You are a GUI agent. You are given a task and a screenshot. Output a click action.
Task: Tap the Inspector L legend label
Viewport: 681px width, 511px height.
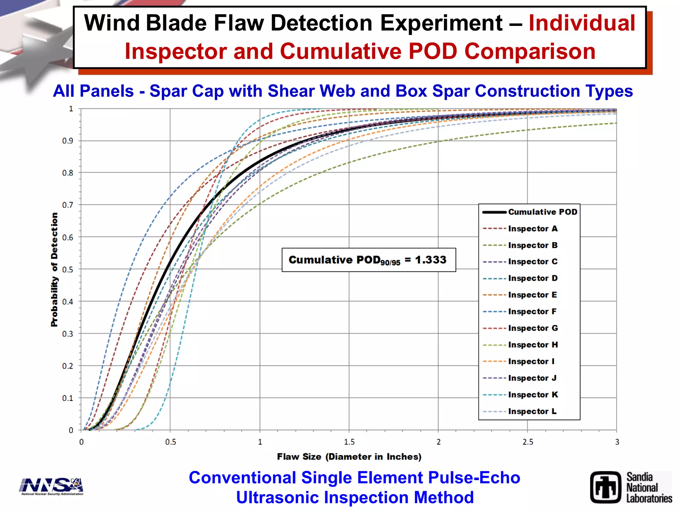(532, 411)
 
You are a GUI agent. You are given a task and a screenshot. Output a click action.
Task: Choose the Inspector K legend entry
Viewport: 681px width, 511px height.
(533, 395)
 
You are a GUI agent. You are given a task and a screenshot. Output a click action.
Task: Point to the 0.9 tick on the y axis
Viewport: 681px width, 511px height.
(68, 141)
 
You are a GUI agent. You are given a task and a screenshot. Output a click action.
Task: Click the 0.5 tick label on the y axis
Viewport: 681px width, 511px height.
(68, 269)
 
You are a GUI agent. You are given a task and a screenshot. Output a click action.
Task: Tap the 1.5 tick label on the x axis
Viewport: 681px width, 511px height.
(349, 442)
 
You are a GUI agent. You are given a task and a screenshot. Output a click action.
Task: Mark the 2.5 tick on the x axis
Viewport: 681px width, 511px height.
(527, 442)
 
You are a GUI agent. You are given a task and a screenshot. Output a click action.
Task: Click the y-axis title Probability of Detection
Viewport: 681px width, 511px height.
(54, 269)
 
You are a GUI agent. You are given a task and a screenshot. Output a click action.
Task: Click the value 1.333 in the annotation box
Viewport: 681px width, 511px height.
(431, 259)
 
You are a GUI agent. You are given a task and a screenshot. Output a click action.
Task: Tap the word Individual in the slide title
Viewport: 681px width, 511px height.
(582, 23)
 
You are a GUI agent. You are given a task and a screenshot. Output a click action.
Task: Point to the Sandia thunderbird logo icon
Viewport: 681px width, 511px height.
(606, 487)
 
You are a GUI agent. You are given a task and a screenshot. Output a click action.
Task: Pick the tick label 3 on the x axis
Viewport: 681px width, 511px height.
(617, 442)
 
